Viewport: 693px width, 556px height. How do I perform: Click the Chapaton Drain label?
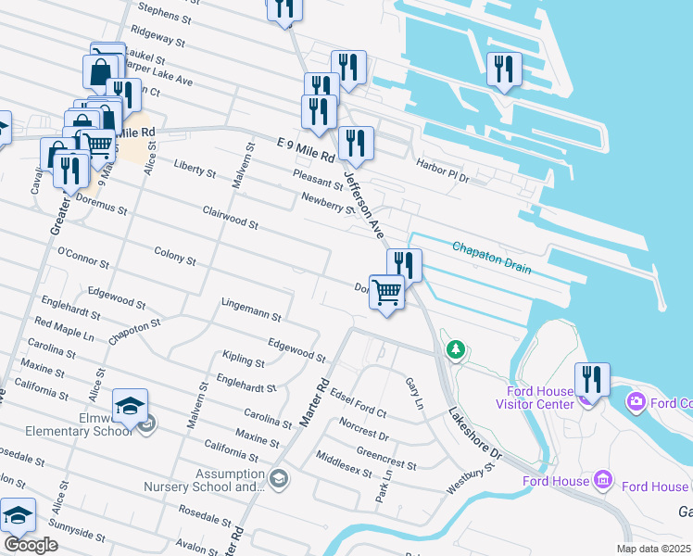[492, 258]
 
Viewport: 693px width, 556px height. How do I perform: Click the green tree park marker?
[455, 349]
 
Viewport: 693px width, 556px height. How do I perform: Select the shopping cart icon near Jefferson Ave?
[386, 292]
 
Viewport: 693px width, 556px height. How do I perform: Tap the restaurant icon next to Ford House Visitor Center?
[591, 379]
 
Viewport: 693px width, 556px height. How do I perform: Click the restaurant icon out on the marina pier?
[504, 69]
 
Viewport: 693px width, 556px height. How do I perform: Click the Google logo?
[31, 545]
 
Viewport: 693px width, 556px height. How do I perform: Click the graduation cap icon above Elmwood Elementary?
[130, 405]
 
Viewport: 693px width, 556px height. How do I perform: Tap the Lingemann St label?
[251, 310]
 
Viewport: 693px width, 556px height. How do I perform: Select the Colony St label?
[174, 257]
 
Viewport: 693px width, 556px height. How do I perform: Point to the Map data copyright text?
[654, 549]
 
